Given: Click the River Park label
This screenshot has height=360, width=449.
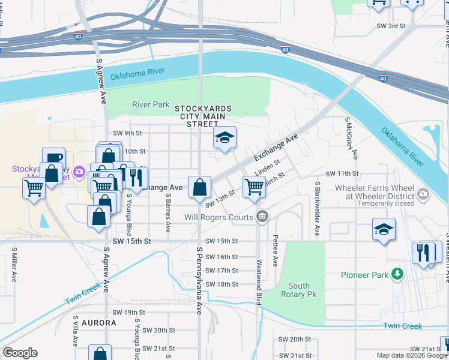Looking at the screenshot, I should point(151,104).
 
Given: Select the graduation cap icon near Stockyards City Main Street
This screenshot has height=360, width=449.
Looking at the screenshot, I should point(224,139).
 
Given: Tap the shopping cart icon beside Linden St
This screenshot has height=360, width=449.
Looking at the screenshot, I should point(254,187).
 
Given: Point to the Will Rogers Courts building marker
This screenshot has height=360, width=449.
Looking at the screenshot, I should point(262,217).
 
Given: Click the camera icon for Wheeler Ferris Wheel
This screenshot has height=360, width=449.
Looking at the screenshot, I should point(423,193).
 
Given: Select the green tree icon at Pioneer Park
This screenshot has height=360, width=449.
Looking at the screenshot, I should point(396,274).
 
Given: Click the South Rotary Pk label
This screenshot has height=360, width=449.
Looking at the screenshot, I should point(299,290).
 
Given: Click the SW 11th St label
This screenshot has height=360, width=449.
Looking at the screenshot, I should point(342,173).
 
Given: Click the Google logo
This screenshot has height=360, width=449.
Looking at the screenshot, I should point(20,353).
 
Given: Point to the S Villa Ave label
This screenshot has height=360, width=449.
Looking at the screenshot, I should point(76,332).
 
